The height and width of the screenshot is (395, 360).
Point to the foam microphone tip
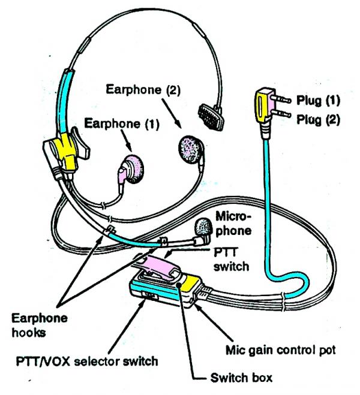point(205,227)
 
